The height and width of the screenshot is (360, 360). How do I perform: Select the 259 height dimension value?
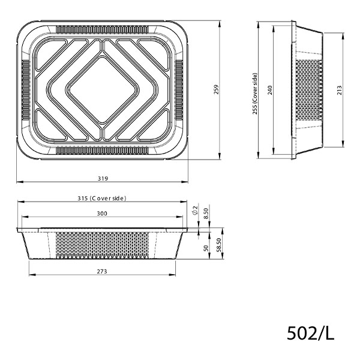point(214,90)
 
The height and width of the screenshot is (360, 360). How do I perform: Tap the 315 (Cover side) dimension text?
point(101,198)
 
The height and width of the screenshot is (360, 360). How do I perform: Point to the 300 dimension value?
point(101,214)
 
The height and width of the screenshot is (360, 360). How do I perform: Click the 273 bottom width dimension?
point(101,272)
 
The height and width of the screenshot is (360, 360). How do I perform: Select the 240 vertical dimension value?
point(270,90)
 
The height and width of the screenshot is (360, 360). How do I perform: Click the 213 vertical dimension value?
point(340,90)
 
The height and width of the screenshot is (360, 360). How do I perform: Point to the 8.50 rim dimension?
point(206,212)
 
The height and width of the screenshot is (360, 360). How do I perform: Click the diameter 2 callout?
point(196,211)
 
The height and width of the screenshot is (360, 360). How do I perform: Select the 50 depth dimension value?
point(206,248)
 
